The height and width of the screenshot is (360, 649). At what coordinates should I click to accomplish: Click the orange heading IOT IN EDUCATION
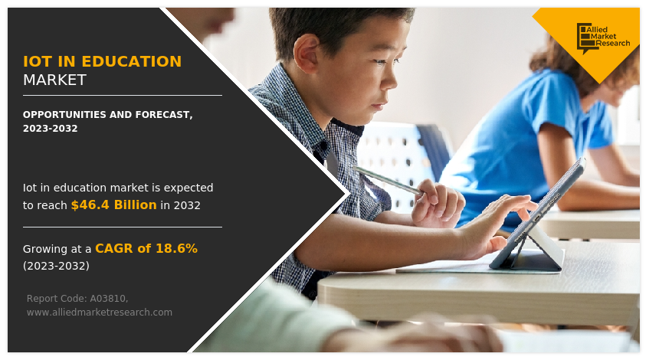102,61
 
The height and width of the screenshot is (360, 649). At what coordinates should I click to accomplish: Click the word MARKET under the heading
54,80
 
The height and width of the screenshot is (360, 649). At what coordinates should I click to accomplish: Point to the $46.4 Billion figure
114,205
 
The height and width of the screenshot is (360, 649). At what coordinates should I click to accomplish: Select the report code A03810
109,299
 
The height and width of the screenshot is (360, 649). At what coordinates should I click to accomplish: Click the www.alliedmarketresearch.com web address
100,313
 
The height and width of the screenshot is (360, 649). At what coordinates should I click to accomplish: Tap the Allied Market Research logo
602,38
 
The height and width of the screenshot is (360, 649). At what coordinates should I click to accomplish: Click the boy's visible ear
307,54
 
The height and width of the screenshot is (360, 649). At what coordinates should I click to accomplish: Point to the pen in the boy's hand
388,180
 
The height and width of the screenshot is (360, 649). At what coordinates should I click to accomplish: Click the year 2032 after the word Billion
187,205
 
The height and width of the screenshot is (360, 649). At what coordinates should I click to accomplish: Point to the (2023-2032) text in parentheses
56,266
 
